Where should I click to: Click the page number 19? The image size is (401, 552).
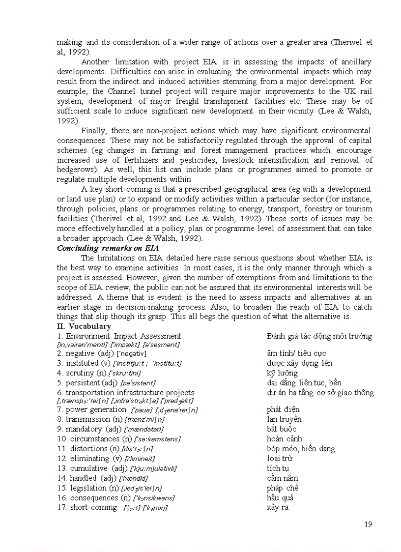click(x=368, y=524)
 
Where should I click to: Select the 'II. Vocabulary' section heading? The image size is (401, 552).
click(x=84, y=326)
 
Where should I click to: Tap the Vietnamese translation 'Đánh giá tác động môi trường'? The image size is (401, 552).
click(x=319, y=336)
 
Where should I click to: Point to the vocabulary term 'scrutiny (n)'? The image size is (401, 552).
click(x=84, y=373)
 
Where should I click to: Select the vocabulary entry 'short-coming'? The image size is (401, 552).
click(x=88, y=507)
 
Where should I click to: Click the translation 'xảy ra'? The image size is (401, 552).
click(x=277, y=507)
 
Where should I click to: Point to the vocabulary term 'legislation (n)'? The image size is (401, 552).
click(x=88, y=488)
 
